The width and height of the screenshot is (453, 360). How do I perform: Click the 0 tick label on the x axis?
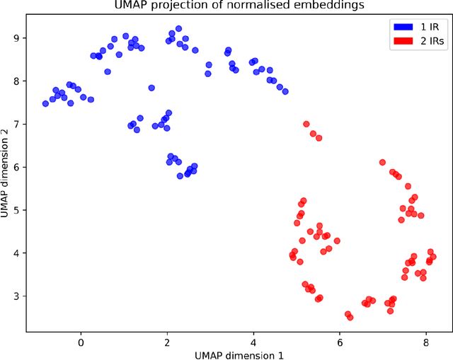[x=81, y=340]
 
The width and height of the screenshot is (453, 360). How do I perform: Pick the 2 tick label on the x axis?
[x=167, y=340]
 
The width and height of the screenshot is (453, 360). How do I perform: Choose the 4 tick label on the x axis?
[x=253, y=340]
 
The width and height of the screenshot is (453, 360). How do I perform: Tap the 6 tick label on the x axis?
[x=340, y=340]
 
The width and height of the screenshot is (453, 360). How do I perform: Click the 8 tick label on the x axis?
[x=426, y=340]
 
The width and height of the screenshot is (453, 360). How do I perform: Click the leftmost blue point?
[x=45, y=103]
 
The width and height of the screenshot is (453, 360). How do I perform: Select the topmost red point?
[x=306, y=124]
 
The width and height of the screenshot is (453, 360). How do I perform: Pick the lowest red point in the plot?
[x=350, y=318]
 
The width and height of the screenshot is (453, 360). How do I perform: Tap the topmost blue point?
[x=178, y=29]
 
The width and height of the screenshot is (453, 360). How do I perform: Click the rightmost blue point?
[x=285, y=91]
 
